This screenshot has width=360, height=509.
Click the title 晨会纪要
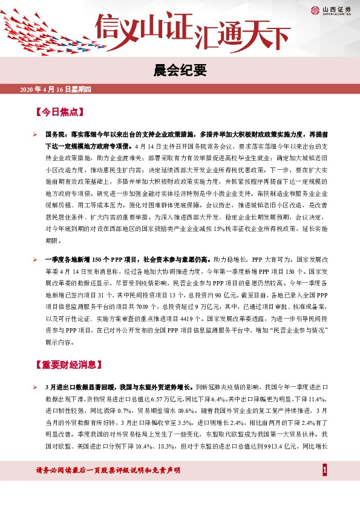pyautogui.click(x=180, y=71)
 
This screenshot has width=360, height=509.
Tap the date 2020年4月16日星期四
pyautogui.click(x=55, y=90)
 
